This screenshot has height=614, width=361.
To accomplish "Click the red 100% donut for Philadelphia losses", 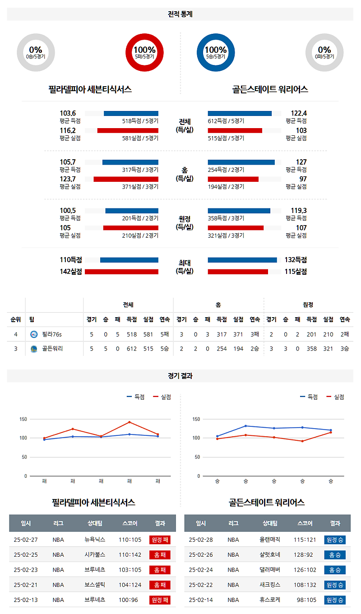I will click(144, 53).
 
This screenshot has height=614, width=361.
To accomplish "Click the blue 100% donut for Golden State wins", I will click(216, 53).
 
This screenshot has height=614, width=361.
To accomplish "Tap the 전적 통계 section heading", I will click(180, 14).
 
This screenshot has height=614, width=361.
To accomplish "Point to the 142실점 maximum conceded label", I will click(71, 272).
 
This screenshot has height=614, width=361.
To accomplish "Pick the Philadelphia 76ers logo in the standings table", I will click(34, 334).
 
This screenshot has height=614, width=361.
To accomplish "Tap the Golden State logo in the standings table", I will click(34, 349).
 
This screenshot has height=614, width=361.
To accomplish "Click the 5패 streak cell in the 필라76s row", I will click(164, 334).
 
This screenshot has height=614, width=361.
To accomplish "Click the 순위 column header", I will click(16, 319).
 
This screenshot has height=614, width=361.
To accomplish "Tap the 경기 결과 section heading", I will click(180, 376).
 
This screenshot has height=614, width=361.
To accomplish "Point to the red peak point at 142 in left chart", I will click(130, 422).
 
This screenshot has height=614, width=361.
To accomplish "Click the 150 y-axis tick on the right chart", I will click(195, 419).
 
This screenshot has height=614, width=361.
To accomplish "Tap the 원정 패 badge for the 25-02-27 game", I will click(160, 540).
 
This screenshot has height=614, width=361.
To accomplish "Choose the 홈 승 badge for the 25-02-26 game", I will click(334, 554).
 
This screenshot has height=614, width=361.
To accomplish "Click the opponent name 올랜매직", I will click(270, 540).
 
